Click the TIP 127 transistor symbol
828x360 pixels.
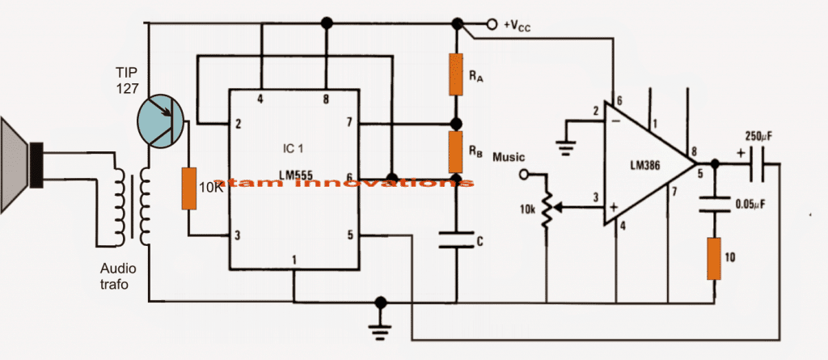pos(159,120)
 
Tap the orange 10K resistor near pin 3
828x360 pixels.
pos(188,188)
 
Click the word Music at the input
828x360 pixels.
pos(509,155)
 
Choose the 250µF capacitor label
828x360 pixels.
pos(760,138)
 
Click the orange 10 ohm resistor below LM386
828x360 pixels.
pos(714,258)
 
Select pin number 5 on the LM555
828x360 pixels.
pos(350,236)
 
